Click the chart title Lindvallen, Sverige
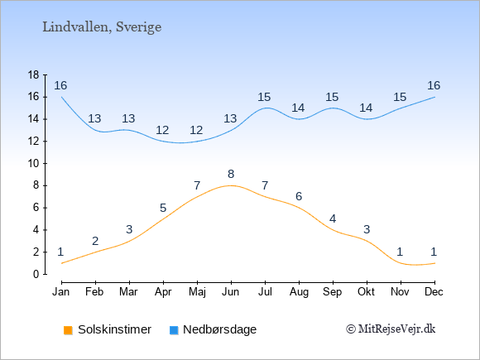pyautogui.click(x=102, y=27)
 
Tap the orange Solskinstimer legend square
pyautogui.click(x=68, y=330)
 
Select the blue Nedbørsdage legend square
pyautogui.click(x=174, y=330)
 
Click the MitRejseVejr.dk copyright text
pyautogui.click(x=391, y=329)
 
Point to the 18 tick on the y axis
pyautogui.click(x=34, y=74)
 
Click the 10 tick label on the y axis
pyautogui.click(x=34, y=164)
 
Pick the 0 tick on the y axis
pyautogui.click(x=36, y=274)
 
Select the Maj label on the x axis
pyautogui.click(x=197, y=292)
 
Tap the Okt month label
pyautogui.click(x=366, y=292)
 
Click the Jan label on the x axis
pyautogui.click(x=61, y=292)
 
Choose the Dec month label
pyautogui.click(x=434, y=292)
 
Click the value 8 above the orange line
pyautogui.click(x=231, y=174)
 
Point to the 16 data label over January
pyautogui.click(x=60, y=85)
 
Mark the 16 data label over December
pyautogui.click(x=434, y=85)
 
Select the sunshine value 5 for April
pyautogui.click(x=163, y=209)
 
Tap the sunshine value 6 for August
pyautogui.click(x=299, y=196)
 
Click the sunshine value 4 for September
pyautogui.click(x=333, y=218)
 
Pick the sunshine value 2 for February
pyautogui.click(x=95, y=241)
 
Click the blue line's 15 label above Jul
pyautogui.click(x=264, y=98)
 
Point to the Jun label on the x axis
pyautogui.click(x=231, y=292)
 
